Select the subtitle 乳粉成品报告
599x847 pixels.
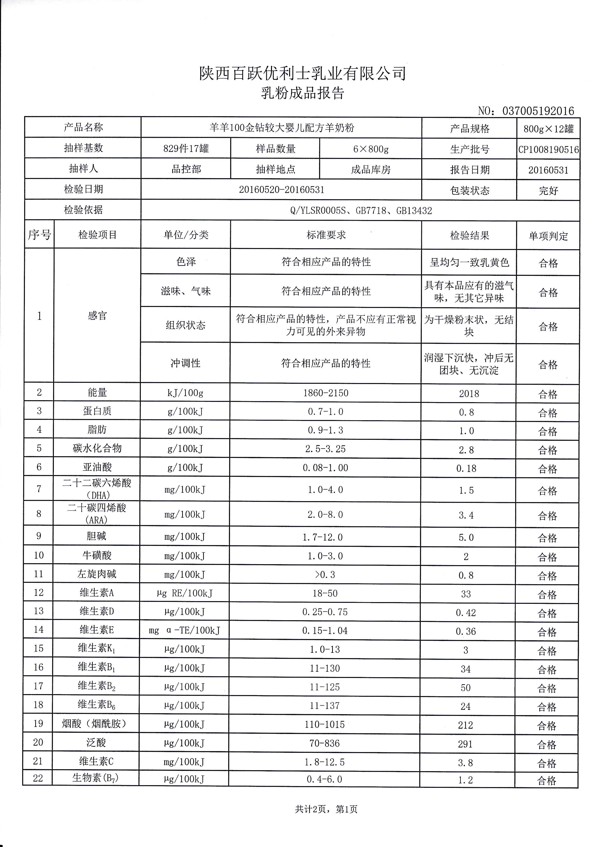click(302, 93)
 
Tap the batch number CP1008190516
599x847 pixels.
click(548, 149)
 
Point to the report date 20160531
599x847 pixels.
click(548, 170)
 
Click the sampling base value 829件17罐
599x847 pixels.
click(186, 149)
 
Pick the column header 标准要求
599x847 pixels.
click(326, 235)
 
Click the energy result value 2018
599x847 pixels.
click(469, 394)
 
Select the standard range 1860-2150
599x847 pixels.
click(326, 393)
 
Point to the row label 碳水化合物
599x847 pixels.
click(97, 448)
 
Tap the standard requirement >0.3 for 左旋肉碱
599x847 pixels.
click(325, 575)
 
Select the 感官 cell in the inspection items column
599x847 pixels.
click(97, 316)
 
